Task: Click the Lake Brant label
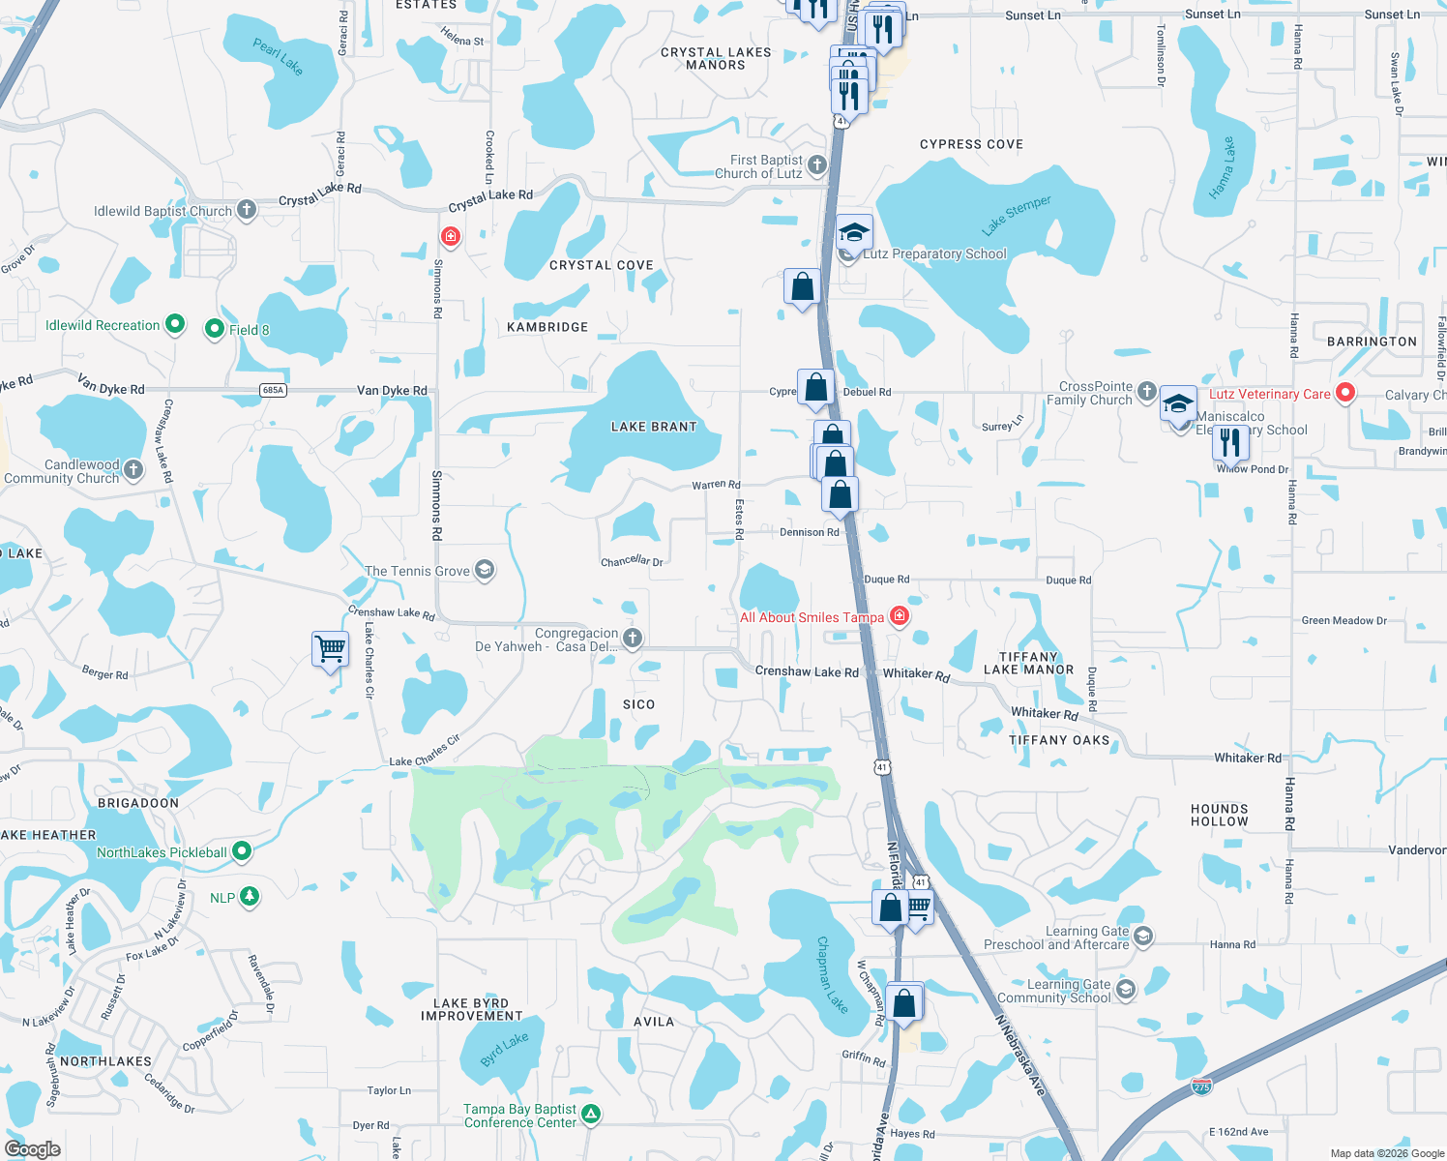tap(654, 427)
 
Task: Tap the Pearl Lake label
tap(279, 56)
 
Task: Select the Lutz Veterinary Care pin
tap(1344, 393)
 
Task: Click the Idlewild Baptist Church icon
tap(247, 209)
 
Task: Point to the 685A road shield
tap(274, 390)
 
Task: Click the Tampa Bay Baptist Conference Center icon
tap(591, 1115)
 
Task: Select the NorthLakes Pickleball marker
tap(242, 851)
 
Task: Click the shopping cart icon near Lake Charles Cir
tap(330, 648)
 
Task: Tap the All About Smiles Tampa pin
tap(899, 616)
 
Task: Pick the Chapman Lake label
tap(832, 974)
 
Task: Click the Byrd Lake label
tap(505, 1049)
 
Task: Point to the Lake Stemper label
tap(1017, 215)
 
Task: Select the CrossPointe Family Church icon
tap(1146, 392)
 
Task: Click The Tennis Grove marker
tap(485, 570)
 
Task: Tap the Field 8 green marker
tap(215, 329)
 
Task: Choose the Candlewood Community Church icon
tap(133, 470)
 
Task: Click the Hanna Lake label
tap(1223, 168)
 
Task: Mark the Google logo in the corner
tap(33, 1148)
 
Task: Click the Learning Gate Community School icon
tap(1125, 989)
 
